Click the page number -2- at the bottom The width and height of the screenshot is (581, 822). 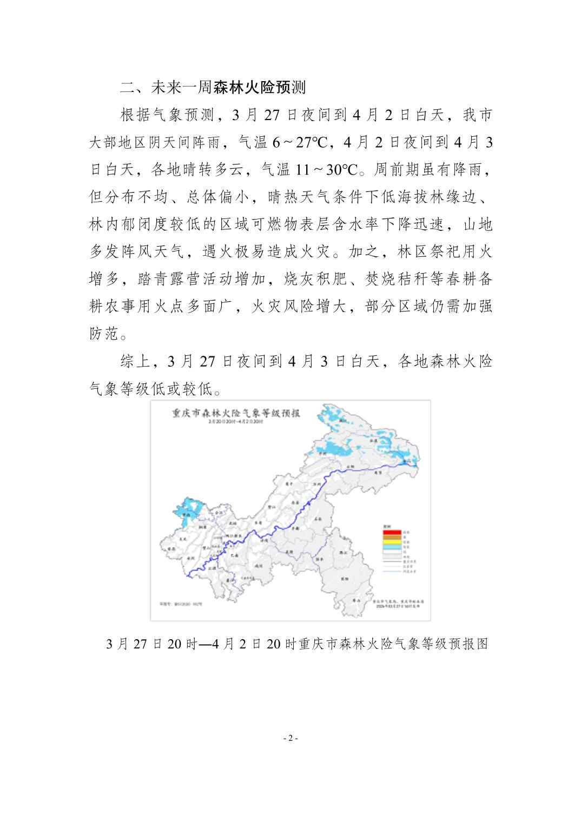(290, 738)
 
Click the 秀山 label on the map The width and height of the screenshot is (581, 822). (355, 600)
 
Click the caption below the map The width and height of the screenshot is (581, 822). (298, 644)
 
